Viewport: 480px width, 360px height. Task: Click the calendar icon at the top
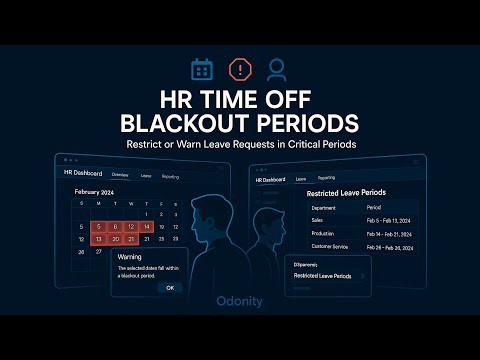[x=202, y=69]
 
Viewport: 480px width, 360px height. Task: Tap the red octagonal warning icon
[x=240, y=69]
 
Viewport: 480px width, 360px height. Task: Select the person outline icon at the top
[x=277, y=69]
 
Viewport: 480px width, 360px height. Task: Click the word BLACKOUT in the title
[x=181, y=123]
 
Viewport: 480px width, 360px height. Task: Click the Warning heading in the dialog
[x=130, y=257]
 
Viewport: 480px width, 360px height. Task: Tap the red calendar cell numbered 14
[x=147, y=227]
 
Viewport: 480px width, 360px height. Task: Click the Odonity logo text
[x=240, y=298]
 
